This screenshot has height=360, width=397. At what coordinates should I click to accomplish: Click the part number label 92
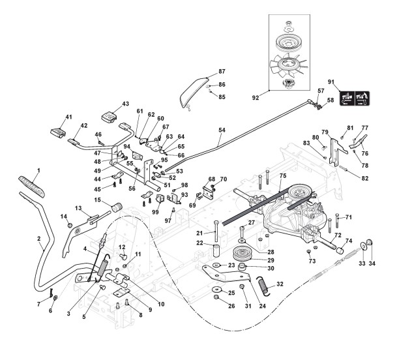(256, 98)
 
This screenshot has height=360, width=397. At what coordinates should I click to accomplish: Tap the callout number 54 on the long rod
(222, 130)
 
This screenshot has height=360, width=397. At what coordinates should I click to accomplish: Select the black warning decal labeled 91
(355, 98)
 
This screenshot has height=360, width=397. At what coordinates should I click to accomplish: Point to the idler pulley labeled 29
(242, 254)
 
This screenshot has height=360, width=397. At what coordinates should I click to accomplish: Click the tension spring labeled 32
(263, 286)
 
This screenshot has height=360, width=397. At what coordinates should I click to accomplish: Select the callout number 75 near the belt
(283, 175)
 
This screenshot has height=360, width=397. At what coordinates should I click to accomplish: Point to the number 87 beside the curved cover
(222, 72)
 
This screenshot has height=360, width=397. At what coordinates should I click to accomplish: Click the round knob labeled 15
(117, 207)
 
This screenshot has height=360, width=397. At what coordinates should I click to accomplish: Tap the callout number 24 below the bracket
(263, 306)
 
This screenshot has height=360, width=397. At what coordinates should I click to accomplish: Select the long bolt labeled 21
(216, 231)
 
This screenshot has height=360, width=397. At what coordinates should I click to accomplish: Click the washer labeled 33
(364, 246)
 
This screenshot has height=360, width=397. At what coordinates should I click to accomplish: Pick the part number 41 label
(68, 117)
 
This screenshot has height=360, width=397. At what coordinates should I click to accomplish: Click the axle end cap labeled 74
(340, 250)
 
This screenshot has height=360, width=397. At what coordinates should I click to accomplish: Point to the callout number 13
(78, 208)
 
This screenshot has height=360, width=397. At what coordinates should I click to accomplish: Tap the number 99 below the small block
(155, 211)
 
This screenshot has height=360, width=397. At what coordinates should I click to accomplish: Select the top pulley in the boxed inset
(289, 42)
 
